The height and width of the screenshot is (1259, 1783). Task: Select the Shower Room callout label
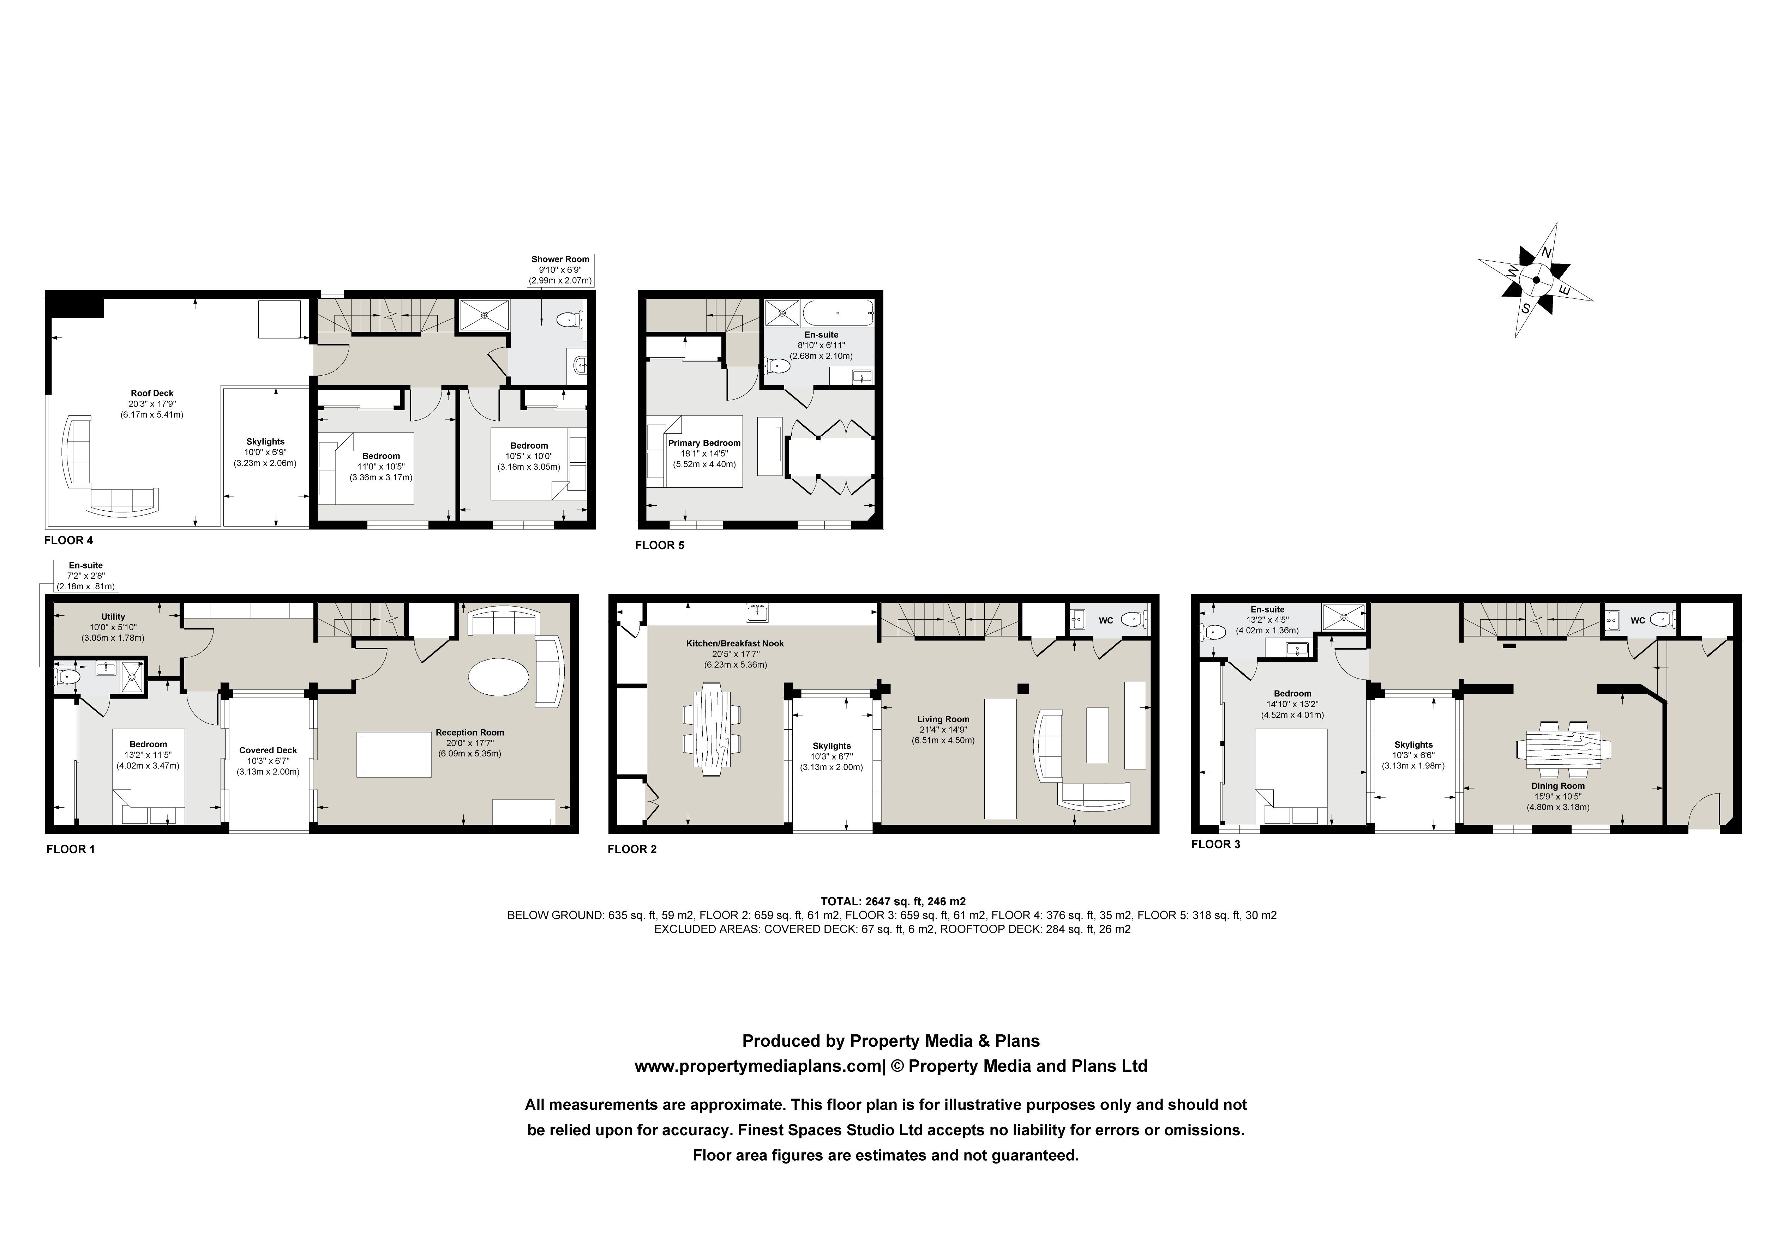pyautogui.click(x=560, y=269)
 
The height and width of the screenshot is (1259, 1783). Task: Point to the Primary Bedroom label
pyautogui.click(x=704, y=443)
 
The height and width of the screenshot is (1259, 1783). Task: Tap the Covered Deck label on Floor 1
pyautogui.click(x=268, y=750)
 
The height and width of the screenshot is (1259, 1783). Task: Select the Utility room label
pyautogui.click(x=113, y=617)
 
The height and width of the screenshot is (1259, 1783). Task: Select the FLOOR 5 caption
pyautogui.click(x=659, y=546)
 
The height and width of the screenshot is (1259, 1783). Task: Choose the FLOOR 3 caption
pyautogui.click(x=1215, y=845)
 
